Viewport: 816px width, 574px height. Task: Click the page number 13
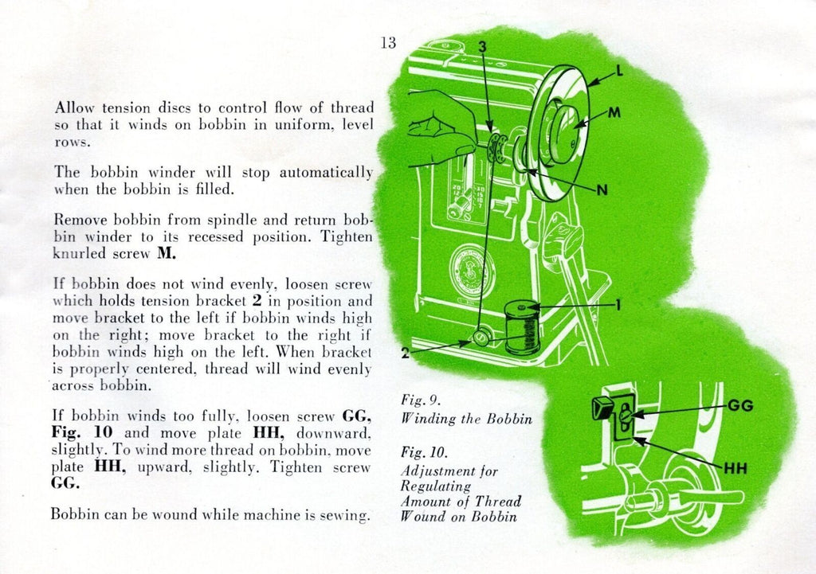click(388, 43)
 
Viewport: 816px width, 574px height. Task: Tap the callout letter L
click(620, 70)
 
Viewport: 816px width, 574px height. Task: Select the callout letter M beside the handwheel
click(614, 113)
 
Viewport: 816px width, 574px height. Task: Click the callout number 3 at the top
click(481, 47)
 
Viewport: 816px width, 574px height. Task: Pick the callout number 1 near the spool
click(617, 305)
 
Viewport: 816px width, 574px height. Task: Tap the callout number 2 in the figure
click(405, 353)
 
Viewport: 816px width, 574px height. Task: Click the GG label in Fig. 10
click(740, 405)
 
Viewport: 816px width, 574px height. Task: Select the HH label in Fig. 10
click(736, 469)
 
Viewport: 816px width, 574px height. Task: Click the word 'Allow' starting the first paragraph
click(73, 107)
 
